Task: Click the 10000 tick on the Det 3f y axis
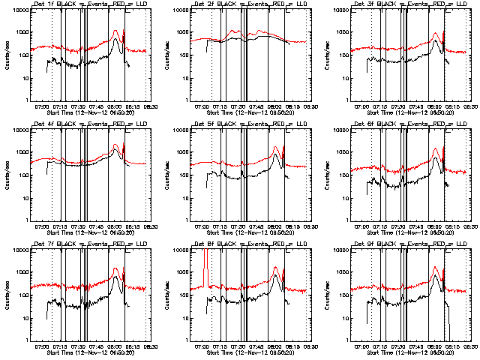coord(332,10)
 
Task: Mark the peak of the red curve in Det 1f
coord(115,31)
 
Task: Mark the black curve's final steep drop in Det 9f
coord(447,315)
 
